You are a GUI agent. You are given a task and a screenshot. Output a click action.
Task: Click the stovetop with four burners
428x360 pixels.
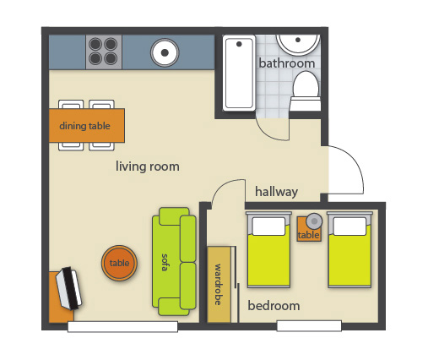point(104,52)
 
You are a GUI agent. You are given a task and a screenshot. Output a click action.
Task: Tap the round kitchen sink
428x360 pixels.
point(165,52)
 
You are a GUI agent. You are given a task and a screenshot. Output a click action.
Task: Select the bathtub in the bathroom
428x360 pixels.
point(239,73)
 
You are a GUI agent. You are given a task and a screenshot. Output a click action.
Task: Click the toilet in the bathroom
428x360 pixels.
point(306,91)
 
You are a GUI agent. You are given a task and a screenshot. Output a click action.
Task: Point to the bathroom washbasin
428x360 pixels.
point(298,44)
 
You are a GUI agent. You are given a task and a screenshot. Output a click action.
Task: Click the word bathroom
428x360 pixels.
point(286,63)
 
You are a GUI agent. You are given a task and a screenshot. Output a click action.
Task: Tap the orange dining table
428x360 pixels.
point(87,125)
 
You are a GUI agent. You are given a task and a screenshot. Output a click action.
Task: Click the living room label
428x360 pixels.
point(148,166)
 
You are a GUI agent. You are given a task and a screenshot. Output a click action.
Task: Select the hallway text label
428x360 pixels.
point(276,192)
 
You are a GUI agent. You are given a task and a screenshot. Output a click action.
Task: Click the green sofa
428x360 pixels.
point(174,261)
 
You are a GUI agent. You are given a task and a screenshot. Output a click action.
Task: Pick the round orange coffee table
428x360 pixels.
point(119,263)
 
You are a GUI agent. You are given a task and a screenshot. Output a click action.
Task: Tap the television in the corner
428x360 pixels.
point(68,288)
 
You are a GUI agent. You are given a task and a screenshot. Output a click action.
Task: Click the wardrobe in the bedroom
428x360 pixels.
point(219,284)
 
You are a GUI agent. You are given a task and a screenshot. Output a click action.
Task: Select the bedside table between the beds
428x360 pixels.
point(309,229)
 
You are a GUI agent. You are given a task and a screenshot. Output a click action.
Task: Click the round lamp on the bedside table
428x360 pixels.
point(314,221)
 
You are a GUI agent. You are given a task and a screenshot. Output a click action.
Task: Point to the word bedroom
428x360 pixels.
point(274,306)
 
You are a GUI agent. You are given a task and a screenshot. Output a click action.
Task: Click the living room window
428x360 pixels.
point(122,327)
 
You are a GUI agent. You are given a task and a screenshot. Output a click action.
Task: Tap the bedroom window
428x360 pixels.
point(309,326)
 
